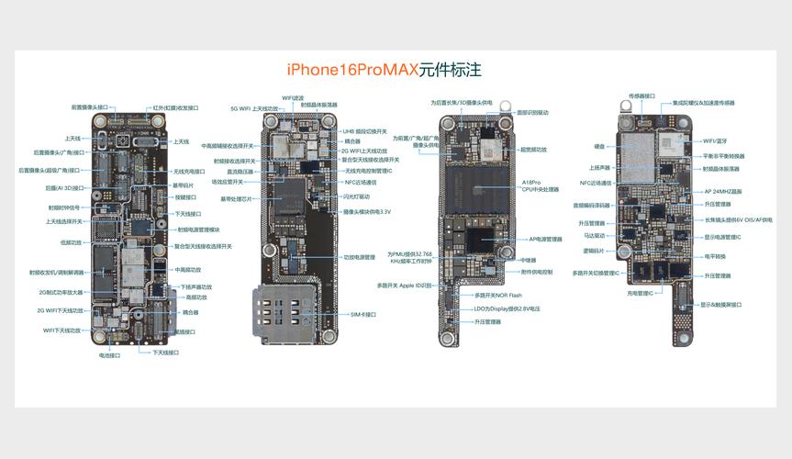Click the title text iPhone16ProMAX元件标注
[x=385, y=69]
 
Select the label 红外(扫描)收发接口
[x=176, y=107]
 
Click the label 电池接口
[x=110, y=355]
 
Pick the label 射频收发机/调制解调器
[x=57, y=272]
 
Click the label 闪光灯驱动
[x=357, y=196]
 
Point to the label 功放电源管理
[x=359, y=257]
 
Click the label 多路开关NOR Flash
[x=498, y=296]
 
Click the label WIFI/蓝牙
[x=715, y=141]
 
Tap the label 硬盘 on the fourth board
[x=599, y=146]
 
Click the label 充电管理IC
[x=640, y=293]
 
